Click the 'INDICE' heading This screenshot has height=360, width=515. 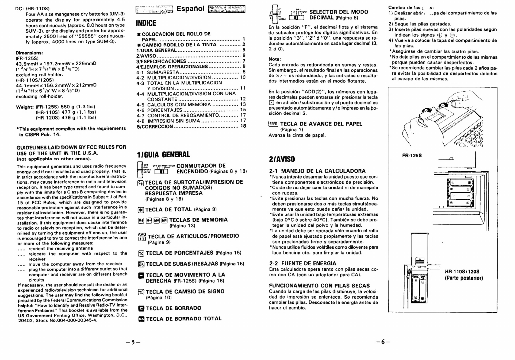coord(146,23)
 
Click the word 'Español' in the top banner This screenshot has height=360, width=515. coord(190,9)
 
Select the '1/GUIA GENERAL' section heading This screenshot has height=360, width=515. coord(163,155)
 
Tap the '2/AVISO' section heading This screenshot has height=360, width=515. coord(282,159)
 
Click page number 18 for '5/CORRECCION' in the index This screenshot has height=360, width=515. coord(243,126)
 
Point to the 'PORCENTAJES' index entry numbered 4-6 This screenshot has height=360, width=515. coord(165,110)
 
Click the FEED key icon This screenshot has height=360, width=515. coord(273,124)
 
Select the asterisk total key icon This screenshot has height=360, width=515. coord(141,210)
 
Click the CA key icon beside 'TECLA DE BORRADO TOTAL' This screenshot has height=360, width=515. coord(141,319)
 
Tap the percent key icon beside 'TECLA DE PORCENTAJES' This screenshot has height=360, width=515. coord(141,253)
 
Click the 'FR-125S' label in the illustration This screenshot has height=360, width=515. coord(412,155)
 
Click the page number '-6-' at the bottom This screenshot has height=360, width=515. coord(383,342)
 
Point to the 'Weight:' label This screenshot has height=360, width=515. coord(24,107)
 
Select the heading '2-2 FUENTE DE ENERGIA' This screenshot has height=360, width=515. coord(303,263)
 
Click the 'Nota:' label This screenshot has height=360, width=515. coord(275,59)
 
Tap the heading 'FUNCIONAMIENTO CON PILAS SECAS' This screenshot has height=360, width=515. coord(319,286)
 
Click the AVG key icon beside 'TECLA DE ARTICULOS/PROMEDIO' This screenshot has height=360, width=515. coord(142,237)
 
